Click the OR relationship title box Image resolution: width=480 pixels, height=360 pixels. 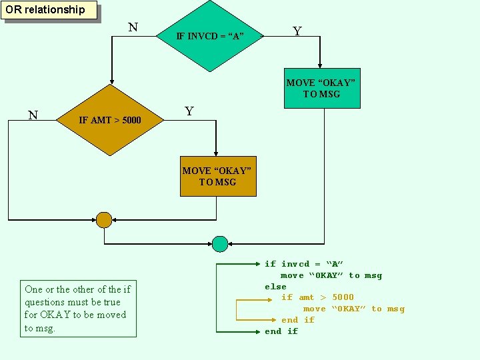(x=50, y=10)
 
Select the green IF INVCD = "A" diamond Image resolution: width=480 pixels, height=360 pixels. (x=210, y=35)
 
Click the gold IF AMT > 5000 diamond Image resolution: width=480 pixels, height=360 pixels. (x=110, y=120)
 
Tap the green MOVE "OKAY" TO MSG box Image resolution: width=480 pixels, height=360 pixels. (x=322, y=88)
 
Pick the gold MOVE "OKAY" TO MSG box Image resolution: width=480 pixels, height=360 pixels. (x=218, y=176)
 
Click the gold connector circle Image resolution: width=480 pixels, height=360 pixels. (x=103, y=219)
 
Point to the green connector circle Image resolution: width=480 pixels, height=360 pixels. (x=219, y=243)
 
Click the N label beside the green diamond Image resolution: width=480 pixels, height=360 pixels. (x=133, y=27)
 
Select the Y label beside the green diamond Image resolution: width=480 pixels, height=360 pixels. (x=297, y=31)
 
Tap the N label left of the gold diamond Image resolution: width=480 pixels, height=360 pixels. (x=32, y=115)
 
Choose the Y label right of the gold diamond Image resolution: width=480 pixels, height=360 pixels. (x=189, y=111)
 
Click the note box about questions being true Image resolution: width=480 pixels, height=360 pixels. (x=77, y=309)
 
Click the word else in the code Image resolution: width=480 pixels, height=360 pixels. (x=275, y=287)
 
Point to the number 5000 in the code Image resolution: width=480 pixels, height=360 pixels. (x=343, y=297)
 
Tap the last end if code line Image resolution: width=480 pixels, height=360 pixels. (x=281, y=331)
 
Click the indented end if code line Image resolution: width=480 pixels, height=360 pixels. (x=297, y=320)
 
